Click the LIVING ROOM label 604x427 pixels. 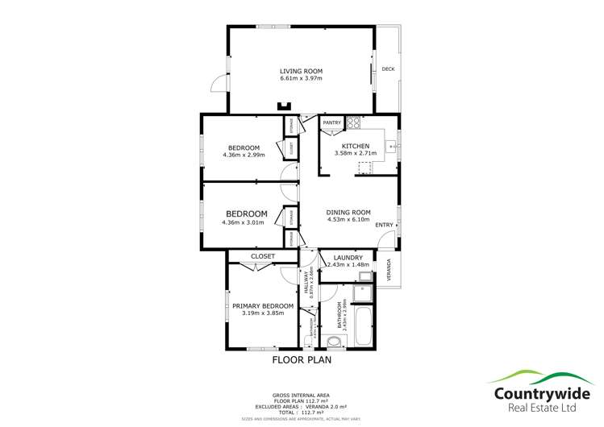[x=301, y=71]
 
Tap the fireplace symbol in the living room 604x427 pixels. [x=284, y=106]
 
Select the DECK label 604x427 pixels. [x=388, y=68]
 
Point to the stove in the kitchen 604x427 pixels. [x=353, y=123]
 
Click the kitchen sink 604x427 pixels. [x=391, y=147]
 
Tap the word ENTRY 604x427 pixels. [x=385, y=225]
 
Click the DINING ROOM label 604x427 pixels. [x=348, y=212]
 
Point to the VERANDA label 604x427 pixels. [x=389, y=267]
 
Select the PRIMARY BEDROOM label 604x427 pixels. [x=263, y=306]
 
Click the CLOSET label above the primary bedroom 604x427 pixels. [x=263, y=256]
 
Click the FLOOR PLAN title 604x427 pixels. [x=302, y=360]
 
